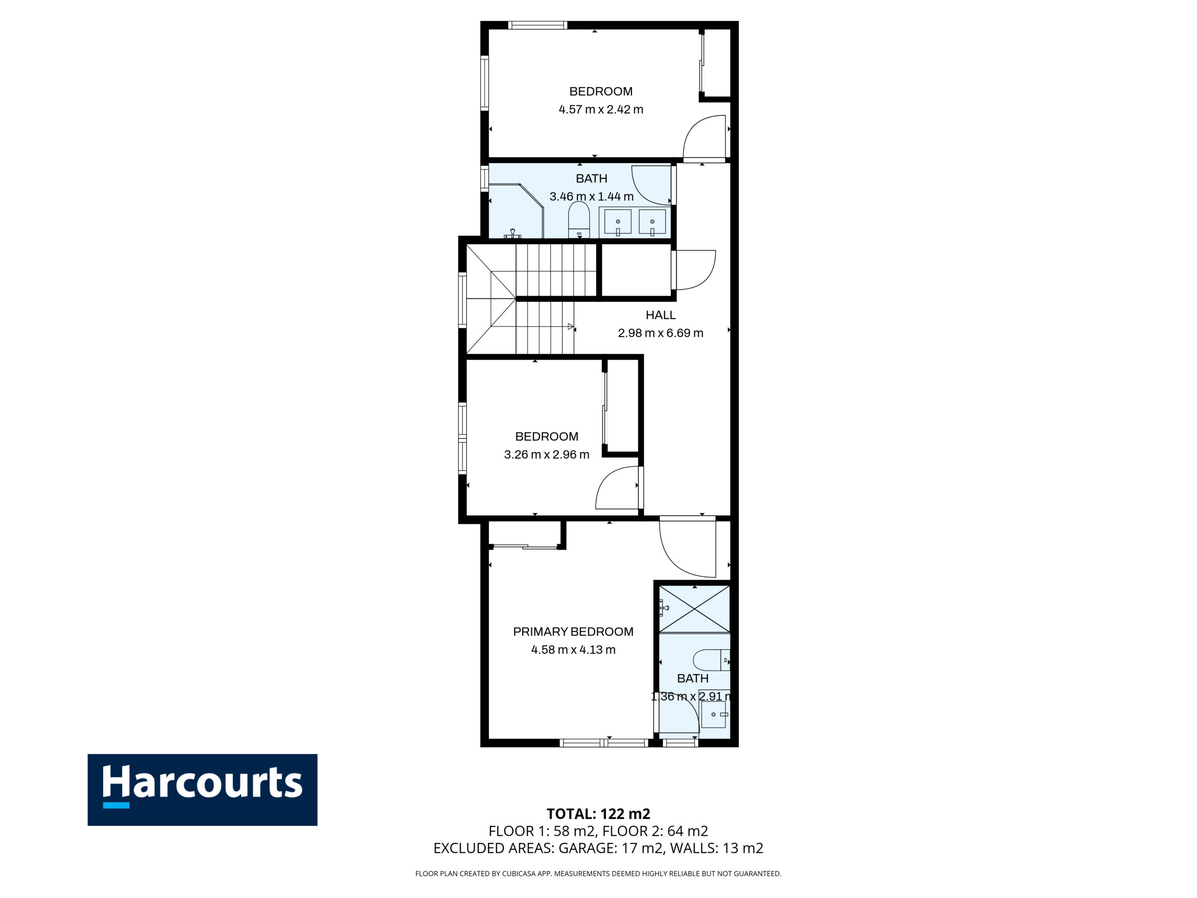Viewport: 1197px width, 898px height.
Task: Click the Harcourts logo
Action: pyautogui.click(x=202, y=790)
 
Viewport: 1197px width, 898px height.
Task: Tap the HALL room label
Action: pyautogui.click(x=661, y=315)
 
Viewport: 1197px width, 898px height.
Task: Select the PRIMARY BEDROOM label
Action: pyautogui.click(x=573, y=632)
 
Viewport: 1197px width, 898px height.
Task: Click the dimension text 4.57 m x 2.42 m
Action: pyautogui.click(x=601, y=109)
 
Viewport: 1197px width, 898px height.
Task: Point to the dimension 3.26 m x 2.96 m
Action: pyautogui.click(x=547, y=455)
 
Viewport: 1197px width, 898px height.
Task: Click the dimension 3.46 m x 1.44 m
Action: pyautogui.click(x=591, y=196)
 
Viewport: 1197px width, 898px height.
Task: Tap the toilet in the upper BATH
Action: pyautogui.click(x=579, y=219)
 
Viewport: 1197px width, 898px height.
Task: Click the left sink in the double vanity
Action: pyautogui.click(x=618, y=222)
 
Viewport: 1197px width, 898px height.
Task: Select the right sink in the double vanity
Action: pyautogui.click(x=652, y=222)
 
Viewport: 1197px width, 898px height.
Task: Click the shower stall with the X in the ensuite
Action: pyautogui.click(x=694, y=609)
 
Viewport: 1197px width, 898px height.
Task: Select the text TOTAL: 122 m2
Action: pyautogui.click(x=598, y=813)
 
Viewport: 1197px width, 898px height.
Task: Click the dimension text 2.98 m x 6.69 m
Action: pyautogui.click(x=661, y=333)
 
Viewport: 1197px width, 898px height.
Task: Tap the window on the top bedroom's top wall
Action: pyautogui.click(x=537, y=25)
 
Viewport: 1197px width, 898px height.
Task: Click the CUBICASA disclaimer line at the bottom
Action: pyautogui.click(x=598, y=873)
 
